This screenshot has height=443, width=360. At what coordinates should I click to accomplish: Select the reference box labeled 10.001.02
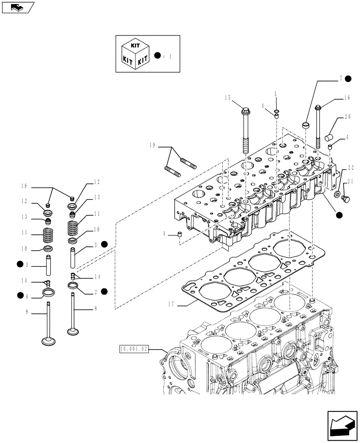tap(134, 349)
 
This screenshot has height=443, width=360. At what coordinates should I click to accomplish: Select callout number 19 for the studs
tap(153, 145)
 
